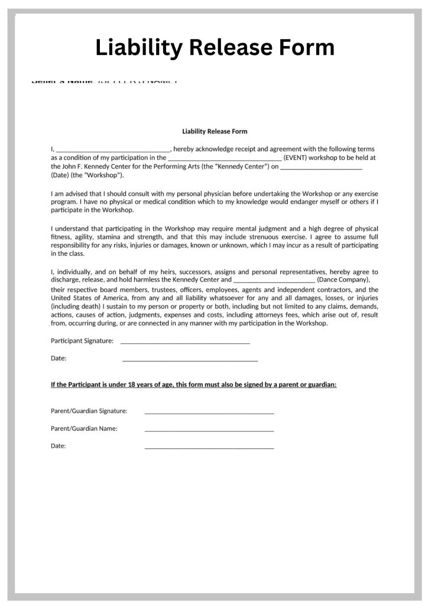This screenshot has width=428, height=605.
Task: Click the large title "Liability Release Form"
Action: pos(215,47)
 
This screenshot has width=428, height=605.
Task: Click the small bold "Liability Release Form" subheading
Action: pos(215,131)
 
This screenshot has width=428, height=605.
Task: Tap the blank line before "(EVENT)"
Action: pos(225,159)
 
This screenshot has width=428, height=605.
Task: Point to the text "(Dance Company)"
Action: pos(343,279)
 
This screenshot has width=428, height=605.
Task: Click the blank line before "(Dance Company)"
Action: pos(274,281)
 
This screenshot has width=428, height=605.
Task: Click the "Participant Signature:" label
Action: pos(82,340)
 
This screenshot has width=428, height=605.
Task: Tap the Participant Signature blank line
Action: pos(185,342)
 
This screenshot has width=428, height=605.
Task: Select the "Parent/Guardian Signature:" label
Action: pos(89,411)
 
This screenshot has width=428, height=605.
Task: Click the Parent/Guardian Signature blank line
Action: pos(209,412)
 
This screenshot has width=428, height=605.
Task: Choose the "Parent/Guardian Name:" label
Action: pos(84,428)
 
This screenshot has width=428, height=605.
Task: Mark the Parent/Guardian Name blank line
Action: pos(209,430)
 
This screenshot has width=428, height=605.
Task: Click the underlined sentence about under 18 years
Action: pos(194,385)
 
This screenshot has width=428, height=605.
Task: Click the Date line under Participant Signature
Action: pos(190,359)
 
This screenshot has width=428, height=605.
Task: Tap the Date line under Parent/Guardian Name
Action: pos(209,448)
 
